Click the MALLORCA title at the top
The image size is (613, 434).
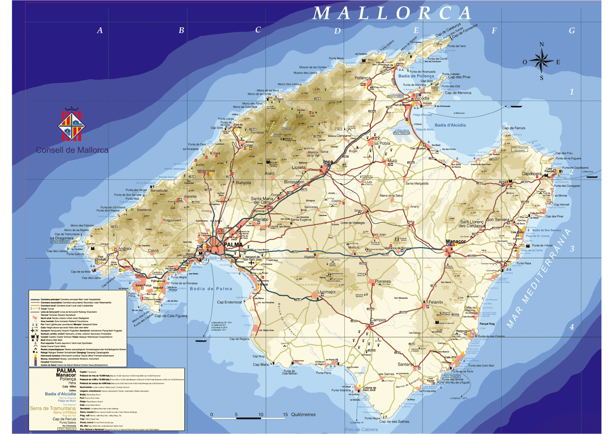(x=392, y=13)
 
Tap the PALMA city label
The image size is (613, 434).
(x=233, y=245)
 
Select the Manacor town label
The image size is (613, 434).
(x=456, y=242)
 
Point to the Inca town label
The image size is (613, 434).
(x=328, y=162)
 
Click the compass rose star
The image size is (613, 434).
(x=541, y=61)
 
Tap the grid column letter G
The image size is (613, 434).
(x=572, y=31)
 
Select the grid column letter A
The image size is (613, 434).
(x=100, y=31)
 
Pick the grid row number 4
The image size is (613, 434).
(x=572, y=327)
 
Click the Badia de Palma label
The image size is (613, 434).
(x=211, y=289)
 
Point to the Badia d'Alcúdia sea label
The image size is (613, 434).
(x=450, y=125)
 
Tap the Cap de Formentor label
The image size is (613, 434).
(x=465, y=31)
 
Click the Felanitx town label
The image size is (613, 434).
(x=436, y=302)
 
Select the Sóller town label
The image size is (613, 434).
(x=248, y=146)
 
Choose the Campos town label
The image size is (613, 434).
(x=378, y=320)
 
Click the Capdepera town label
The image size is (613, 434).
(x=531, y=174)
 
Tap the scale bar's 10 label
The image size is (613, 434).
(x=261, y=414)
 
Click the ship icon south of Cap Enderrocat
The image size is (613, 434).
(x=201, y=340)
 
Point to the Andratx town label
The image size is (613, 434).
(x=125, y=249)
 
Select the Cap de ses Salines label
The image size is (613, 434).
(x=394, y=421)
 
